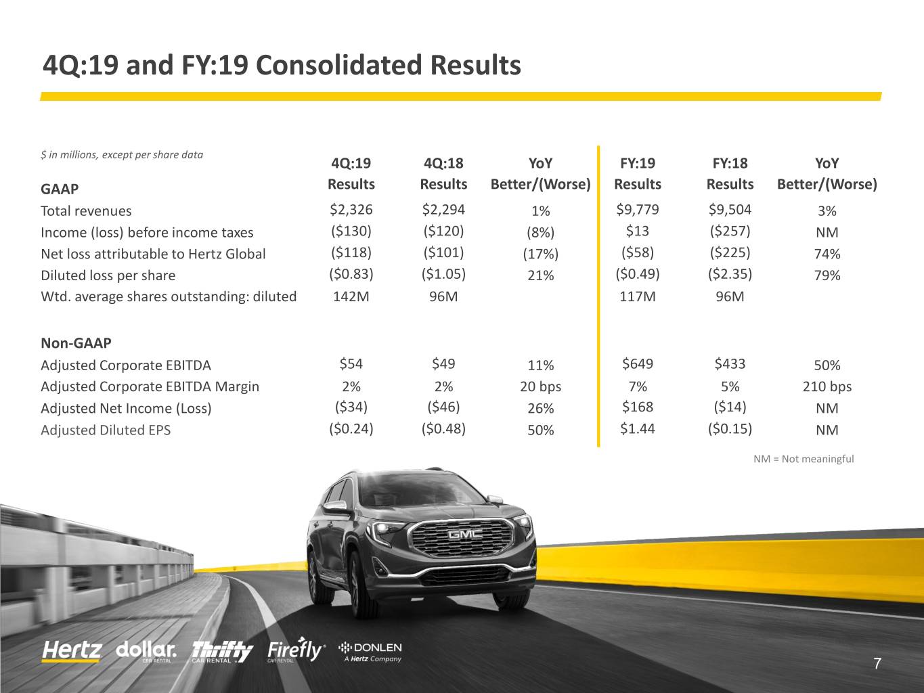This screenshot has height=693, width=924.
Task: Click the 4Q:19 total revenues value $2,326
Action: [351, 210]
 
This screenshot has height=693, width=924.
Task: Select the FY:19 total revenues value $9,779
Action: [638, 210]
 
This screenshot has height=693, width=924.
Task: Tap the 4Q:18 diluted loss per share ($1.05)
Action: [443, 274]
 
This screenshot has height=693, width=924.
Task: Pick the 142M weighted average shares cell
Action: [351, 296]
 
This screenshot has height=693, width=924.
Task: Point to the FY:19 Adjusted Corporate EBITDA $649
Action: [638, 363]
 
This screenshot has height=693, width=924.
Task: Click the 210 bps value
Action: [827, 386]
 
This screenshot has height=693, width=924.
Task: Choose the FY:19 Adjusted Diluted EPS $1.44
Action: [638, 429]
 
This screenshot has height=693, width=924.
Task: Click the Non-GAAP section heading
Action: [76, 343]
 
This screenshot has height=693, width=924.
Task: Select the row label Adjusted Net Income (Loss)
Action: [126, 408]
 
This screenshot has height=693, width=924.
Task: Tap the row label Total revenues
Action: [86, 210]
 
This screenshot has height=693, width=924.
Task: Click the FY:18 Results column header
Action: [730, 173]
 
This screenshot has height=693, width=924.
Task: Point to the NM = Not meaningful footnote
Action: [804, 459]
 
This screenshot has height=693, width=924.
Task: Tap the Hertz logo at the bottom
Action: [72, 651]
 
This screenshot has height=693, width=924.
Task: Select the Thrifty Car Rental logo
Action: [222, 652]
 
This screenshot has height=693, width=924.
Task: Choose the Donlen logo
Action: [370, 652]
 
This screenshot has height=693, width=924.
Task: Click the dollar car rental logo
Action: [146, 651]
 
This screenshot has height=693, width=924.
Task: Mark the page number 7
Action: [877, 663]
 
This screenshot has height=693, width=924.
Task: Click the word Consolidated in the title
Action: [338, 65]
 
